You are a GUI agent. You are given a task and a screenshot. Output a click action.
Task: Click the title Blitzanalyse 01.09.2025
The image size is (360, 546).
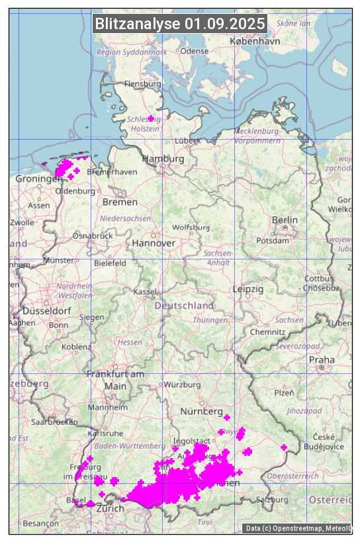click(x=180, y=24)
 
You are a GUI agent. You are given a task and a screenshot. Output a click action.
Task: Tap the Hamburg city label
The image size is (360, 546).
click(x=163, y=159)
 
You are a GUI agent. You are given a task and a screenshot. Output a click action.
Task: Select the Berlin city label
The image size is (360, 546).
click(x=285, y=220)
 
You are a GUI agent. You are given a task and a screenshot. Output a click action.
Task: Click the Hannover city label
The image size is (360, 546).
click(x=154, y=244)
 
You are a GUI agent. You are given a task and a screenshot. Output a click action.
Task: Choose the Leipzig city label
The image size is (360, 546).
click(x=248, y=289)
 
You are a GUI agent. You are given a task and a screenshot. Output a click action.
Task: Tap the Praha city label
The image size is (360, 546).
click(x=322, y=360)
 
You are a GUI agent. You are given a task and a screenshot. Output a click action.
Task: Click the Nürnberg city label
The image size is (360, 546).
click(x=202, y=412)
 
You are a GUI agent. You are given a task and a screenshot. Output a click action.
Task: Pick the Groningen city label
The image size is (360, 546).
click(x=38, y=179)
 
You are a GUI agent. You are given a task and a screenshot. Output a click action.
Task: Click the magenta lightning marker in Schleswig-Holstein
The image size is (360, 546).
click(x=151, y=118)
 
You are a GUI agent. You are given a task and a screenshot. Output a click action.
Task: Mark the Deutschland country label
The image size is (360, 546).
click(x=184, y=306)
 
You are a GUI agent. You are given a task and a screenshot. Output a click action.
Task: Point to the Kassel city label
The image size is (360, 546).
click(x=144, y=291)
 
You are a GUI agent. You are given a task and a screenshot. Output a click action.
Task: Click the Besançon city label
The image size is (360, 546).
click(x=41, y=523)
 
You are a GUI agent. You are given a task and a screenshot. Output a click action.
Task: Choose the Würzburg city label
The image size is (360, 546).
click(x=182, y=385)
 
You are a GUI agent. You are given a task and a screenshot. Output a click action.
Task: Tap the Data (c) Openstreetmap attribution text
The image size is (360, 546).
click(x=297, y=528)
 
